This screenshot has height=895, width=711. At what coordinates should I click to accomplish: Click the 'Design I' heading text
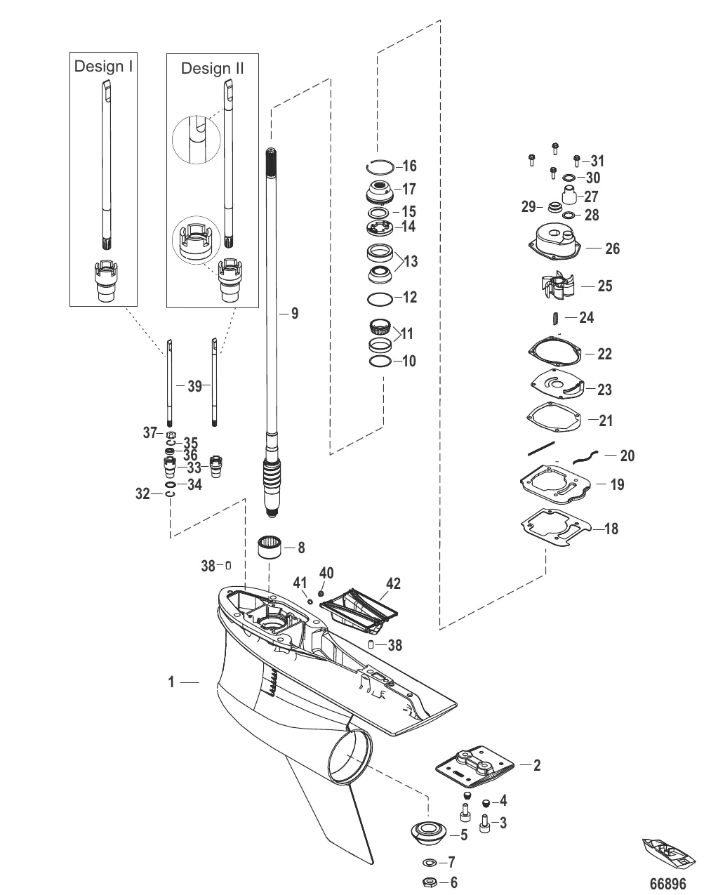tap(103, 66)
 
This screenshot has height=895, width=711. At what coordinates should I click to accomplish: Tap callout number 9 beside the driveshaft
tap(295, 313)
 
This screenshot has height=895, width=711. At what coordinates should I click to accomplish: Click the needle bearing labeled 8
tap(270, 547)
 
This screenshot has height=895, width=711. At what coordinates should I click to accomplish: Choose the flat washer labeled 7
tap(428, 862)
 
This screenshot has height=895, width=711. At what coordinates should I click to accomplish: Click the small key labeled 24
tap(556, 318)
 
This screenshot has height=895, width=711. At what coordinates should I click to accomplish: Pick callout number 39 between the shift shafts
tap(194, 385)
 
